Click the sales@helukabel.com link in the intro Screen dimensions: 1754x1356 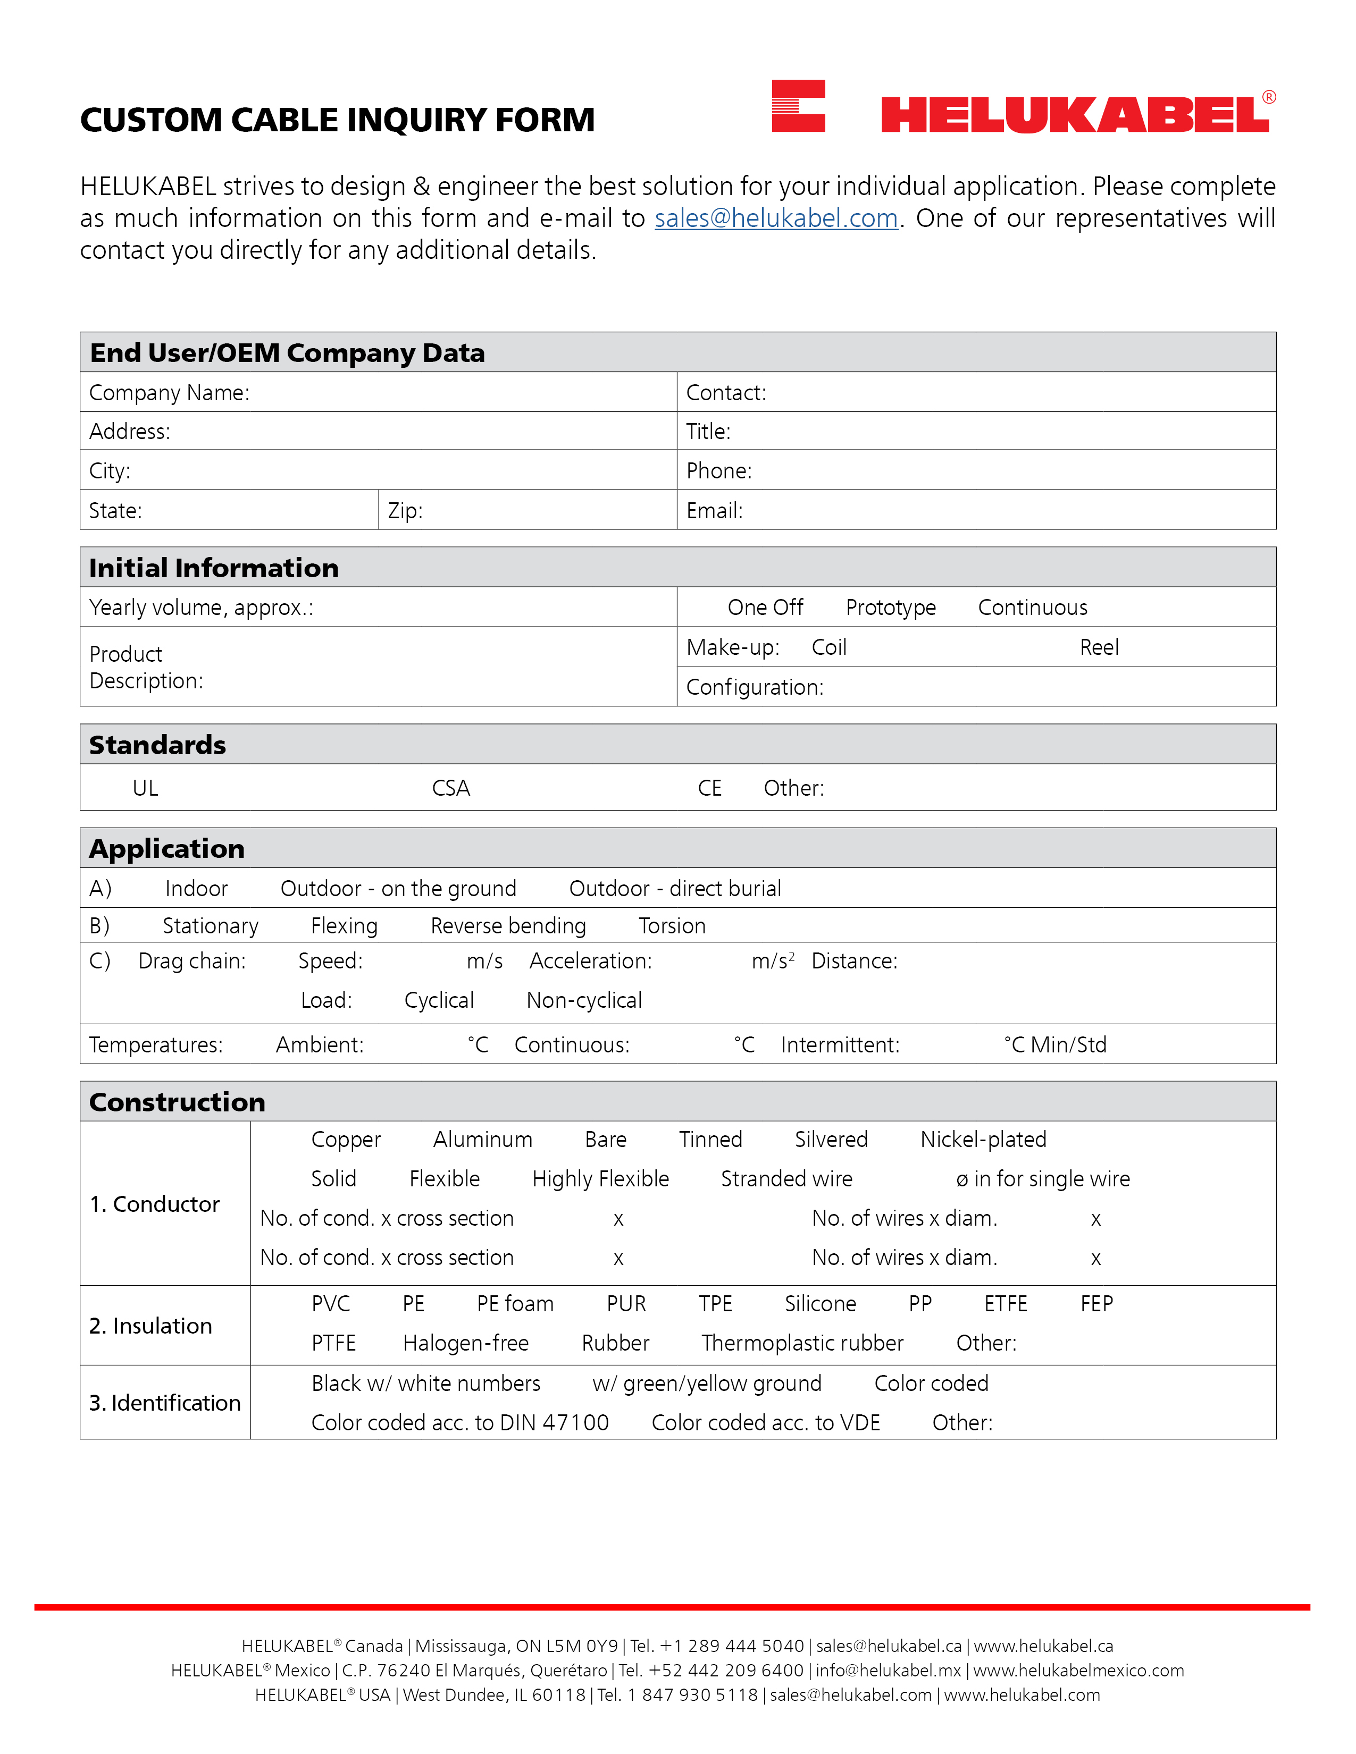775,218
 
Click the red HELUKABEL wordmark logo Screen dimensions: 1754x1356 1075,114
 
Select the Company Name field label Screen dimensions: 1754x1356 169,393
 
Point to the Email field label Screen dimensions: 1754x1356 714,511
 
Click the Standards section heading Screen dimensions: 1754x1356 157,745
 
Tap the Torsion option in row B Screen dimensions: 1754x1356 672,926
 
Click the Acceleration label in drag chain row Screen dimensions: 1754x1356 590,962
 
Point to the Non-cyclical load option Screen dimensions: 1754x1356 584,1001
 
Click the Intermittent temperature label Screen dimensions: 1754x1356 840,1045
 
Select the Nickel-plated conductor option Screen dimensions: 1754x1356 983,1140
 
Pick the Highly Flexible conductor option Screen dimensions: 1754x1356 600,1179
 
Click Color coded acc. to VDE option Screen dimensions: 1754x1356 766,1422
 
